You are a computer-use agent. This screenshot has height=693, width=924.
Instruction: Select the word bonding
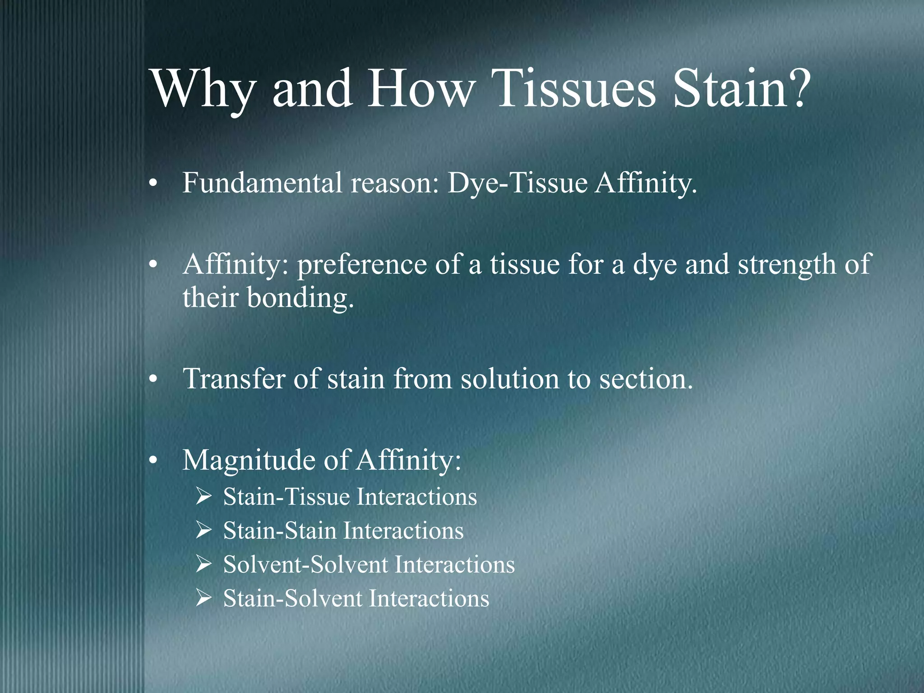click(300, 298)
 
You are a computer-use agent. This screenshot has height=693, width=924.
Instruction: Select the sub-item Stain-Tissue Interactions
click(350, 497)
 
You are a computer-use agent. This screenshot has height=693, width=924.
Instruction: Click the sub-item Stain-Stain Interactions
click(343, 531)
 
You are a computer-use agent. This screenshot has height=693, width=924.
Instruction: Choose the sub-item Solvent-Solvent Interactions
click(369, 564)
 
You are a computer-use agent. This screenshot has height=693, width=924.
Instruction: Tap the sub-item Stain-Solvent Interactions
click(356, 598)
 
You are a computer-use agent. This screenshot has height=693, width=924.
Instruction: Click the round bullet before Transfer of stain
click(153, 380)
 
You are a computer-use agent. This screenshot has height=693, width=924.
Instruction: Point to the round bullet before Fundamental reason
click(153, 185)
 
